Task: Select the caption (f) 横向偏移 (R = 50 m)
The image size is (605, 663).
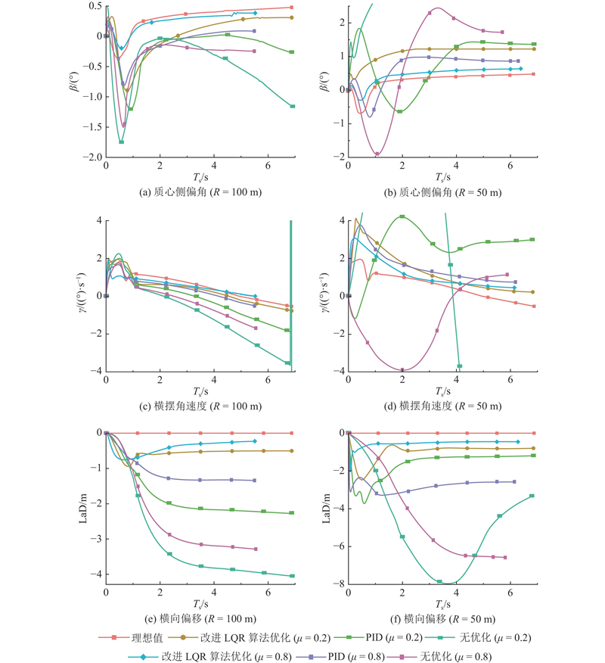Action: pyautogui.click(x=442, y=618)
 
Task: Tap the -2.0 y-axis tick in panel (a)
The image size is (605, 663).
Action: pyautogui.click(x=91, y=157)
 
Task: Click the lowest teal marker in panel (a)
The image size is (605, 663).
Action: pyautogui.click(x=121, y=142)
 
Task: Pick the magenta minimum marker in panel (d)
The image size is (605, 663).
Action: pyautogui.click(x=402, y=369)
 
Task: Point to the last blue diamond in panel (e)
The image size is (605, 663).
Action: pyautogui.click(x=254, y=441)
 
